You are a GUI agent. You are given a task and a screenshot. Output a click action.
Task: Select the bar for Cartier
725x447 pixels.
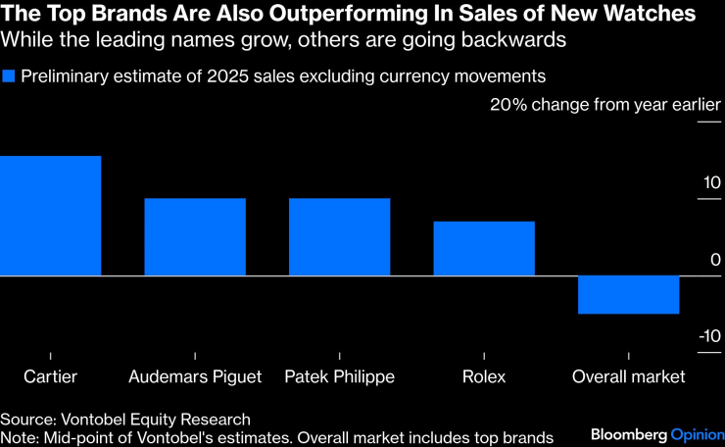point(50,216)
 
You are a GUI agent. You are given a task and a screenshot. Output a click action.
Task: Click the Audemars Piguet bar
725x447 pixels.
point(195,237)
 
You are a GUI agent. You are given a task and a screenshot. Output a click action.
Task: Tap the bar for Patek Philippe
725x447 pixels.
point(339,237)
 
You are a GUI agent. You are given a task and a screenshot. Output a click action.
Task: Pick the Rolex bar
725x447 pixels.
point(484,249)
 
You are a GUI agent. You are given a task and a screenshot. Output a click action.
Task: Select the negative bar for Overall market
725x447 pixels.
point(628,295)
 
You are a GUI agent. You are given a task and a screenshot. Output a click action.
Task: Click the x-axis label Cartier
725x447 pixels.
point(50,376)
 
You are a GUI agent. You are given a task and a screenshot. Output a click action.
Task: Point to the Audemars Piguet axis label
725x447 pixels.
point(195,376)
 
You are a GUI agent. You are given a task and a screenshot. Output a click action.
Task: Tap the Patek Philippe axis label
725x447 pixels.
point(339,376)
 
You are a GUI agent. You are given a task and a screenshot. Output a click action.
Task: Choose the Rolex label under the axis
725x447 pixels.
point(484,376)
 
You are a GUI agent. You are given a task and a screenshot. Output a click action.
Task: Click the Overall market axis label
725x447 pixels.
point(628,376)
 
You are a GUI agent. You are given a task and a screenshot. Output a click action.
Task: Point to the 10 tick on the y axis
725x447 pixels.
point(710,183)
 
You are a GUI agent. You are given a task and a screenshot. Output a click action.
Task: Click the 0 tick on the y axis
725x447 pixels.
point(715,260)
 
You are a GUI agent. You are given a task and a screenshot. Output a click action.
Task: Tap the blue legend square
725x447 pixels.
point(9,76)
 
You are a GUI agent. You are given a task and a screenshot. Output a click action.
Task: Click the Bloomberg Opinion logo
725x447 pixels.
point(655,433)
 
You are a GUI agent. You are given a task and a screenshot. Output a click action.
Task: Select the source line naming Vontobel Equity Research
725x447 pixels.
point(125,419)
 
